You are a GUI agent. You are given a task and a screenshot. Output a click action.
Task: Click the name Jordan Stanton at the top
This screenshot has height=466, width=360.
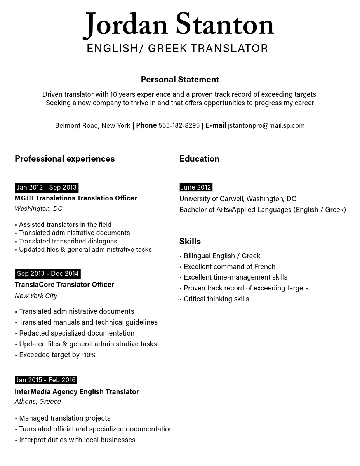(x=179, y=24)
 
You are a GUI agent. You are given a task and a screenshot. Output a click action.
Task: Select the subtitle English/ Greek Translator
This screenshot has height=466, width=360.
(x=177, y=49)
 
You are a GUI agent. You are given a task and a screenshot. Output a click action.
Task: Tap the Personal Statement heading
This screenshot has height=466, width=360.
(x=180, y=80)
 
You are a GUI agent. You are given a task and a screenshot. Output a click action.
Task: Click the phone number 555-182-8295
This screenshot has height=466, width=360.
(x=179, y=125)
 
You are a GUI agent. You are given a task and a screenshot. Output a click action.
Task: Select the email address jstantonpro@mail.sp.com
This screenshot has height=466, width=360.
(x=266, y=125)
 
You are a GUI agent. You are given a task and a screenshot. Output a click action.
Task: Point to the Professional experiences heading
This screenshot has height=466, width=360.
(x=65, y=159)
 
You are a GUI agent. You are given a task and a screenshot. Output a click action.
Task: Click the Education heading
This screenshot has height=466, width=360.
(x=199, y=159)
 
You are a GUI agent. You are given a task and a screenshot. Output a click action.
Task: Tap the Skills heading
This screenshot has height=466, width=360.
(x=190, y=242)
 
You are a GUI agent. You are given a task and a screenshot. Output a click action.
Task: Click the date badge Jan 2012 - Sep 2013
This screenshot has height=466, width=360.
(x=47, y=188)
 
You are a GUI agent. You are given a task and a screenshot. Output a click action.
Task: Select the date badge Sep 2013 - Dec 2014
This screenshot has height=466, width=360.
(x=48, y=274)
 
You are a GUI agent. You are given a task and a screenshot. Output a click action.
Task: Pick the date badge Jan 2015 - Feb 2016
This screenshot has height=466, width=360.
(x=46, y=380)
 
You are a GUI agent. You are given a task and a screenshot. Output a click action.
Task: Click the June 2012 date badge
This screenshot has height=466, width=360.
(x=196, y=187)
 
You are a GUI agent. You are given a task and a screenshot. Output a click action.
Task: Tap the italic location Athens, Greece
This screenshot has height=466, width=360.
(x=38, y=402)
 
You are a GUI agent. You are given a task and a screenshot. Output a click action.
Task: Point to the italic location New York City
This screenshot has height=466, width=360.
(x=36, y=296)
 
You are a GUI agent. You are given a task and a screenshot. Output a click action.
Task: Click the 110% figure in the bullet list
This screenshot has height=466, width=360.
(x=89, y=355)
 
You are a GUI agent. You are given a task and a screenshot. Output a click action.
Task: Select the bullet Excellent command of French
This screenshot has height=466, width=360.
(x=229, y=267)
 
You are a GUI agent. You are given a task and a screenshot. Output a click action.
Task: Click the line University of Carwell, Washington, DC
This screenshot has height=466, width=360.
(x=238, y=199)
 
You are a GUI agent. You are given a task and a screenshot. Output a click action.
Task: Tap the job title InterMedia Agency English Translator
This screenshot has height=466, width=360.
(x=77, y=392)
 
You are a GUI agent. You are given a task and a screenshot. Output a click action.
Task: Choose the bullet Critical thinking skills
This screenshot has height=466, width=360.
(x=216, y=299)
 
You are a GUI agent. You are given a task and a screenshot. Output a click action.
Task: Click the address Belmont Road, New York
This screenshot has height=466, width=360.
(x=92, y=125)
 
